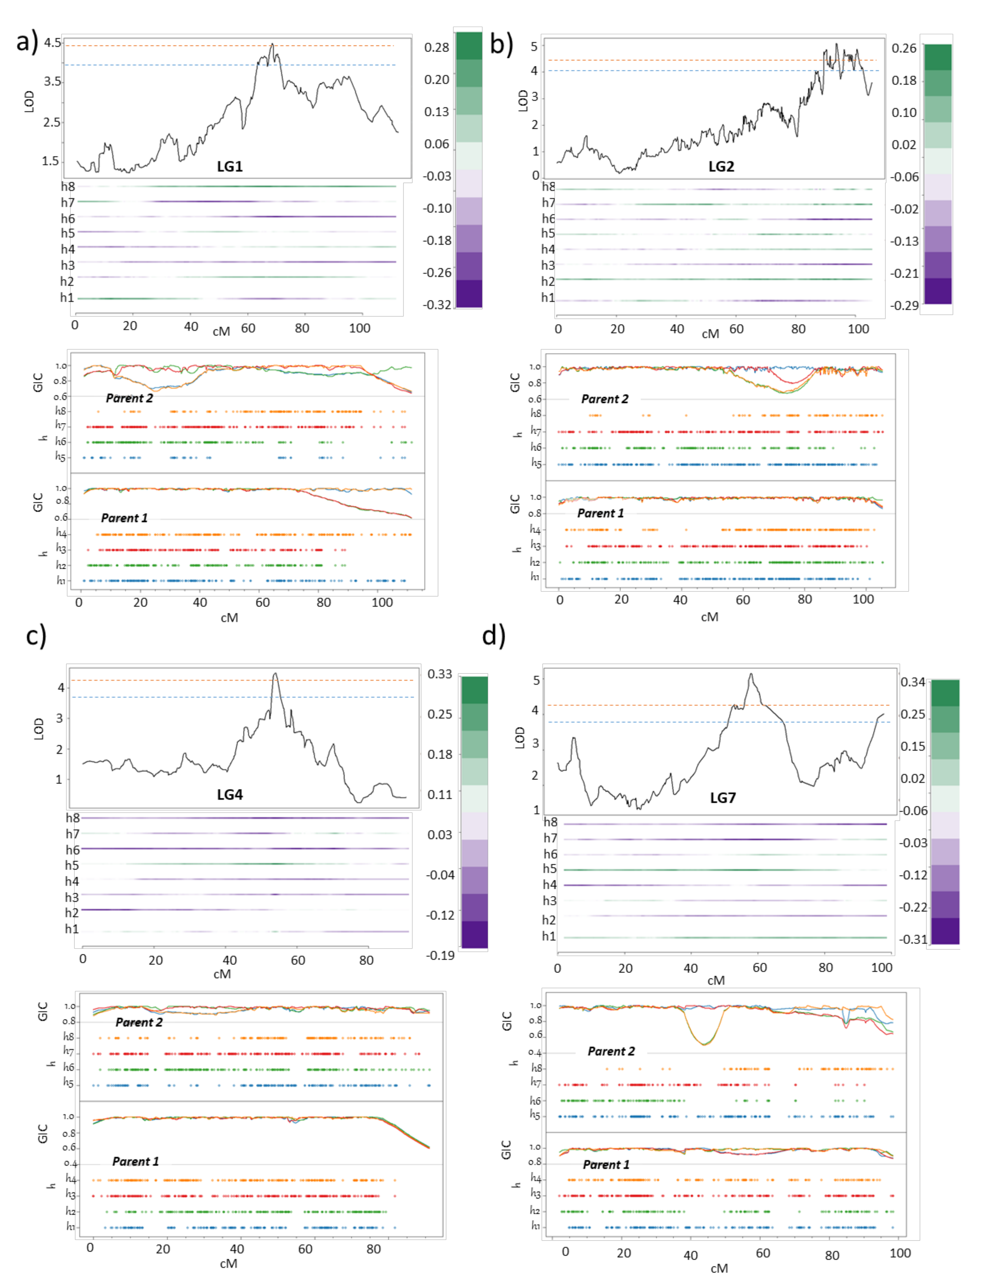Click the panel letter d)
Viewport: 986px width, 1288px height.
(493, 636)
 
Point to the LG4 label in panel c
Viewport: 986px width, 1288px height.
(229, 794)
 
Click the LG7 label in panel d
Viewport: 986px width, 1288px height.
(723, 797)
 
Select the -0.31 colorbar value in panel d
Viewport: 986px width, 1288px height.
(913, 939)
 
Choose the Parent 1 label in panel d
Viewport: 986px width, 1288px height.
(606, 1165)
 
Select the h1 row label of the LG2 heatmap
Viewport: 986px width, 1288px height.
(548, 298)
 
